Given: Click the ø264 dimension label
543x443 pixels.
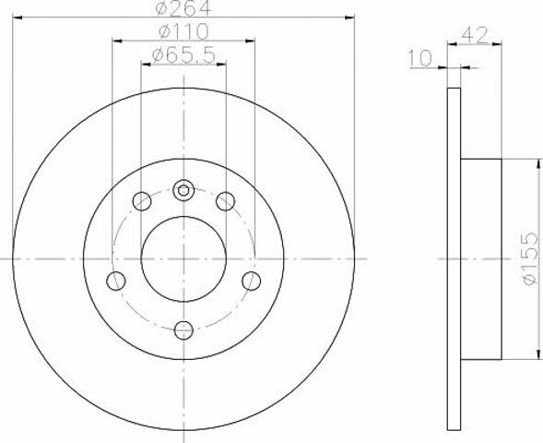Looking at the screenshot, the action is tap(183, 7).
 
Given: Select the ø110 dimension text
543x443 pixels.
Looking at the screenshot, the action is tap(183, 32).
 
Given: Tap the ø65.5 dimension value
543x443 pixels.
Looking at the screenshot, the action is tap(183, 55).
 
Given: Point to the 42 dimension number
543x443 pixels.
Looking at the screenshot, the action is tap(475, 35).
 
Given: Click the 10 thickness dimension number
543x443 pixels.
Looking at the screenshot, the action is tap(420, 58).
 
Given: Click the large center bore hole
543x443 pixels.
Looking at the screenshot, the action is tap(183, 259).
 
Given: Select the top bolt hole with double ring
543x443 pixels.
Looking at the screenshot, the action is tap(183, 190).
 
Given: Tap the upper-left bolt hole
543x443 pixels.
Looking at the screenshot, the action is tap(142, 201).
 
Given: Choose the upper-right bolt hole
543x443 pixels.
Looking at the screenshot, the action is tap(226, 201).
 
